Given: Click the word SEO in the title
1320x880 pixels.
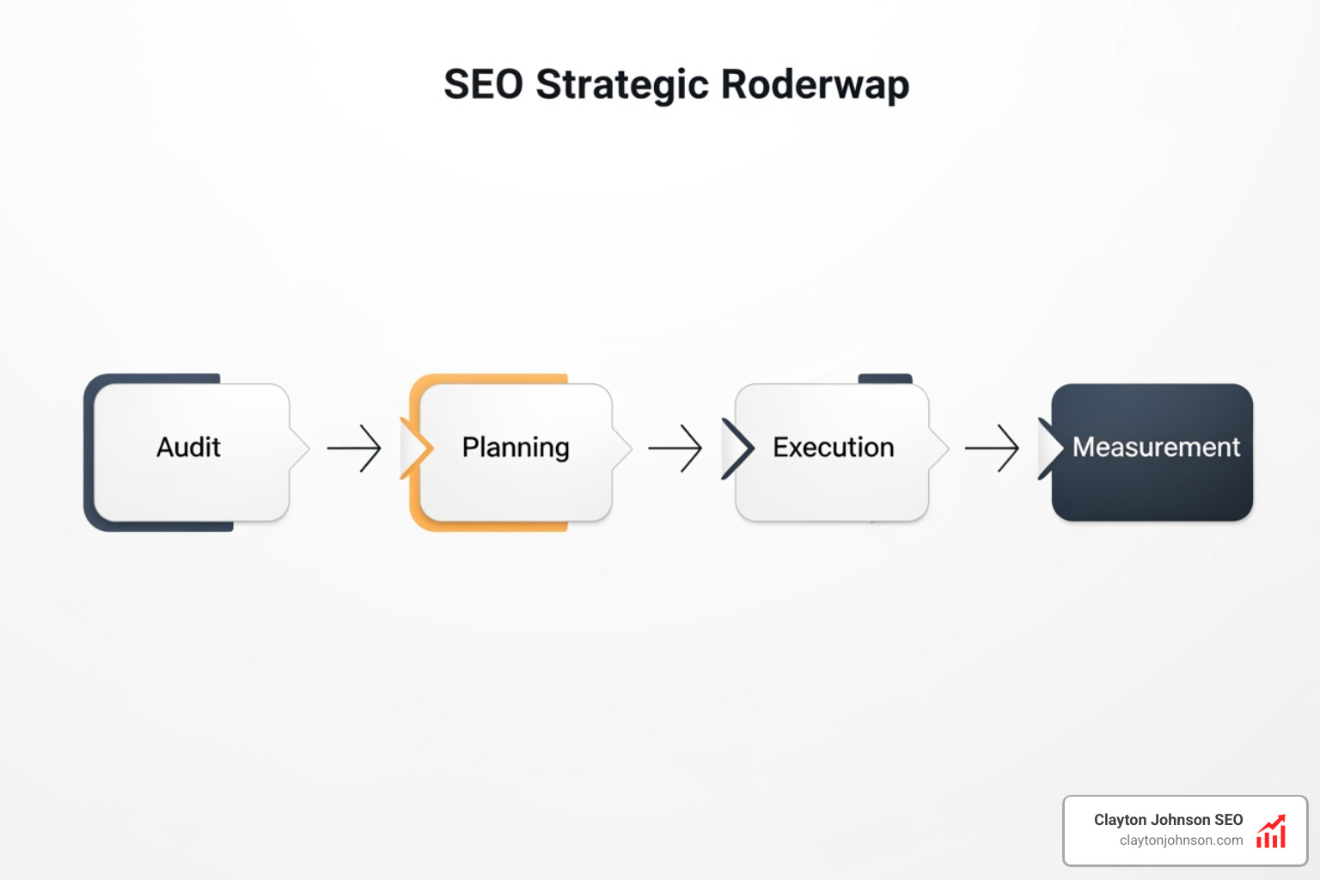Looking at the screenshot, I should (483, 85).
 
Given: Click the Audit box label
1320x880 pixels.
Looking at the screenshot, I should (188, 448).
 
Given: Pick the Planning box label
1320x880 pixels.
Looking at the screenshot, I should (516, 448).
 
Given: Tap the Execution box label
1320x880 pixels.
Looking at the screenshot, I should (833, 448).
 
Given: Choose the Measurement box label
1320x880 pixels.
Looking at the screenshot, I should (1156, 448).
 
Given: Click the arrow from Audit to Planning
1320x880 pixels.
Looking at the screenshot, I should (354, 448).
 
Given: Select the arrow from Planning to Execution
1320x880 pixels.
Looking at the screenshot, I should (675, 448).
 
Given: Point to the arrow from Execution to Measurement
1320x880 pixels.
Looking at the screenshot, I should (992, 448).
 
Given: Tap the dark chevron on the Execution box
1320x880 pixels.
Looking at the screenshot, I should (738, 448).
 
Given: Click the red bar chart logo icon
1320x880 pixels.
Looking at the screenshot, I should (1271, 831).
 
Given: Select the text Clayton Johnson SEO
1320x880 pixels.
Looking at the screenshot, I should (1168, 820).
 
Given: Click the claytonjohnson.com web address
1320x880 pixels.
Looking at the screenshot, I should (1181, 840).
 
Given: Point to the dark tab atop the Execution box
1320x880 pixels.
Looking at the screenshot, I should (885, 378).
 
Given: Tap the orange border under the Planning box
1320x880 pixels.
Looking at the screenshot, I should (490, 526).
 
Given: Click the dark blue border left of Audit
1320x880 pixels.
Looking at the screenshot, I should (89, 451).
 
